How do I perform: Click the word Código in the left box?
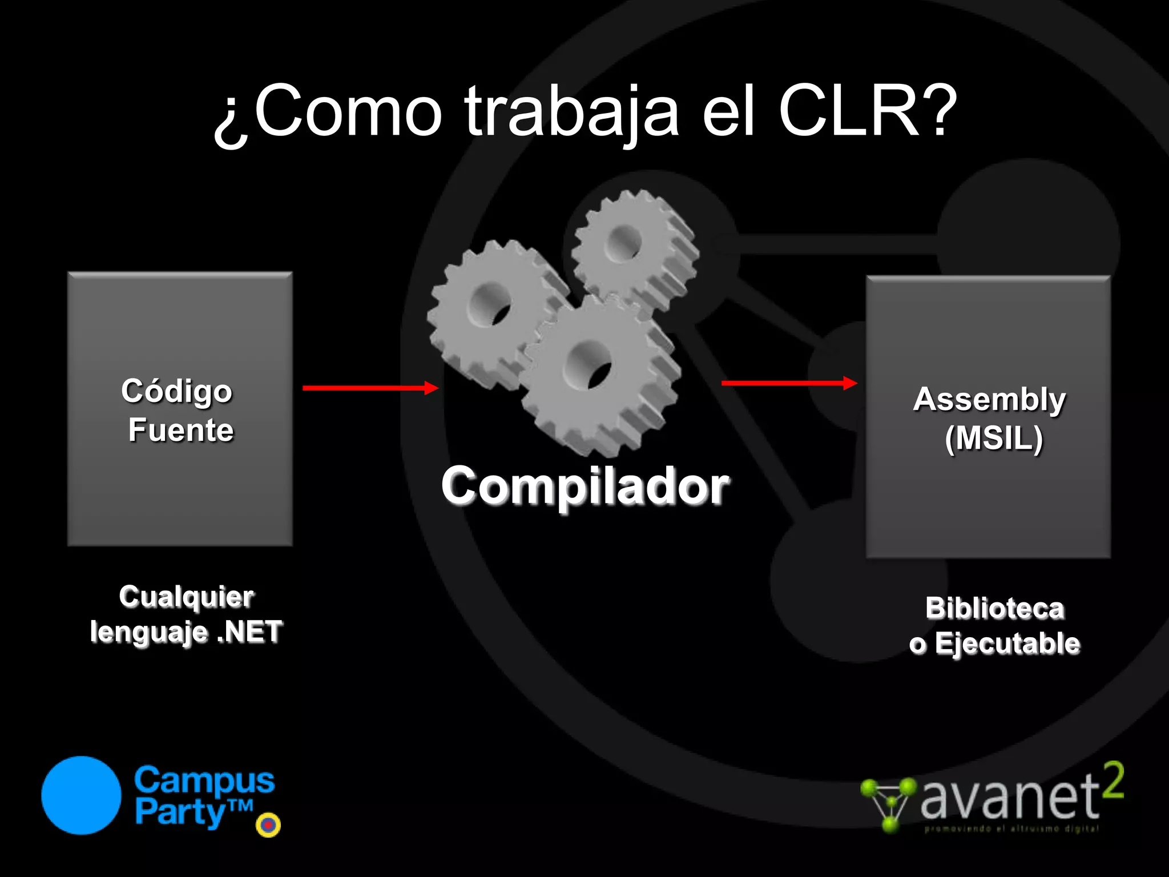(x=177, y=392)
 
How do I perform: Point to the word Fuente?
(x=181, y=430)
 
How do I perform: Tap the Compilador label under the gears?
(x=585, y=486)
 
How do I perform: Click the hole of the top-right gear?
(x=624, y=243)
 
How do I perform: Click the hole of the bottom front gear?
(x=588, y=365)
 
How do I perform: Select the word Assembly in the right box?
(x=989, y=399)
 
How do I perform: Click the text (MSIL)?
(x=994, y=438)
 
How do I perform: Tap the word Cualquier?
(x=187, y=597)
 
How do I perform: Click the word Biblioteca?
(x=995, y=608)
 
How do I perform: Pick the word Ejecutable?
(x=1007, y=643)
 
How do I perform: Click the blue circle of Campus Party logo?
(x=81, y=795)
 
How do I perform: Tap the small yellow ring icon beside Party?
(x=268, y=824)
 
